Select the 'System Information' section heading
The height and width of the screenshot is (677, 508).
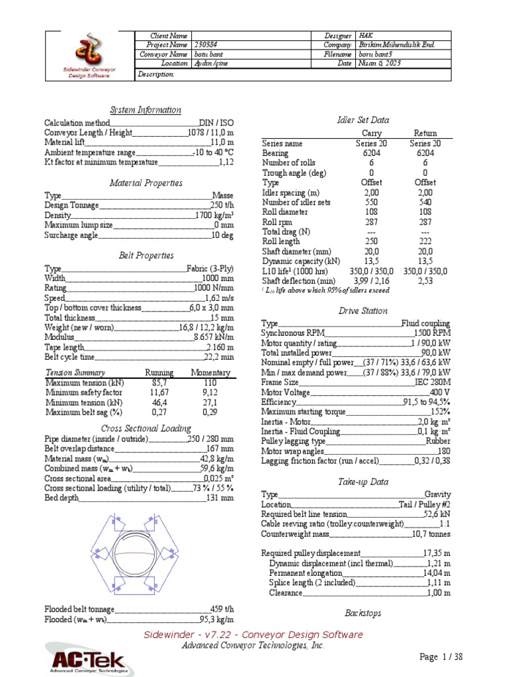pyautogui.click(x=145, y=110)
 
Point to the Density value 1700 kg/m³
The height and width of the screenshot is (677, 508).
pyautogui.click(x=214, y=216)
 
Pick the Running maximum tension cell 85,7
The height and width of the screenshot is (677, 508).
pyautogui.click(x=159, y=383)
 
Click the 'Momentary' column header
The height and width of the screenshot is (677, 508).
pyautogui.click(x=210, y=373)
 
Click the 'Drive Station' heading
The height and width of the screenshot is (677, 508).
pyautogui.click(x=363, y=311)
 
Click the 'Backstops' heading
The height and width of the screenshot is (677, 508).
pyautogui.click(x=363, y=613)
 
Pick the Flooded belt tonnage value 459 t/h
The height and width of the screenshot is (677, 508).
pyautogui.click(x=222, y=609)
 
